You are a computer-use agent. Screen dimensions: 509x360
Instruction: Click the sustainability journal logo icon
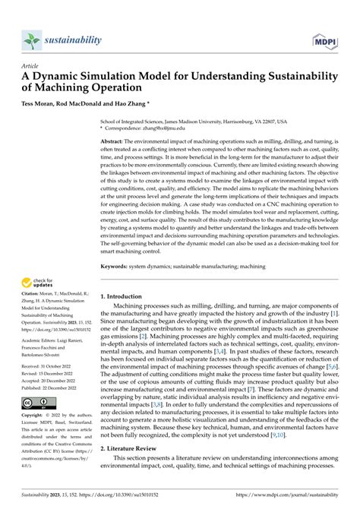pyautogui.click(x=31, y=40)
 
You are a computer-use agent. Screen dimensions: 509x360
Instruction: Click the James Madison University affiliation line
pyautogui.click(x=205, y=121)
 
